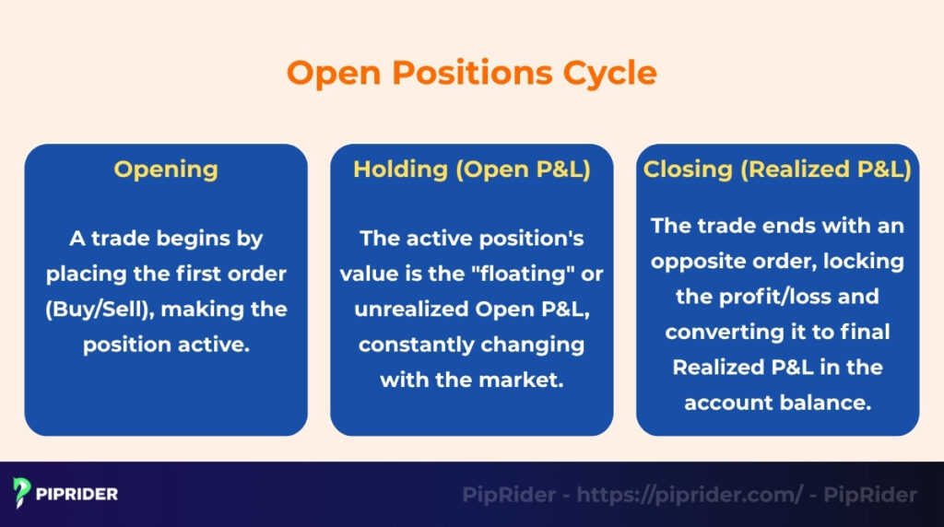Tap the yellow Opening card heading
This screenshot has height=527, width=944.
tap(166, 170)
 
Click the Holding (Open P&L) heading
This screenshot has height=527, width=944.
tap(471, 170)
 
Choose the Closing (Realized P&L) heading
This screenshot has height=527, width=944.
tap(777, 170)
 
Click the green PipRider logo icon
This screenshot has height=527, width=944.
tap(22, 494)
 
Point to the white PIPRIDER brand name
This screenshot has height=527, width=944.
tap(78, 494)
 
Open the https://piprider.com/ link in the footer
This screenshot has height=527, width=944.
tap(690, 495)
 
